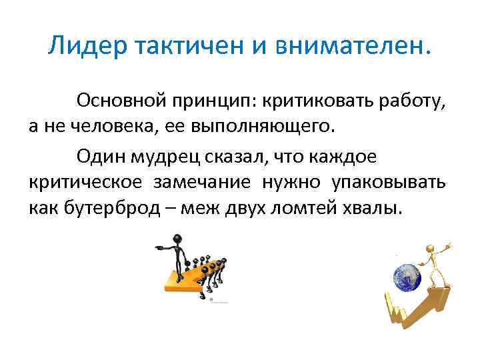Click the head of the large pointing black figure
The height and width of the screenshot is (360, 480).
[x=177, y=239]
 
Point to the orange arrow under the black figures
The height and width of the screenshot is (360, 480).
[x=187, y=278]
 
